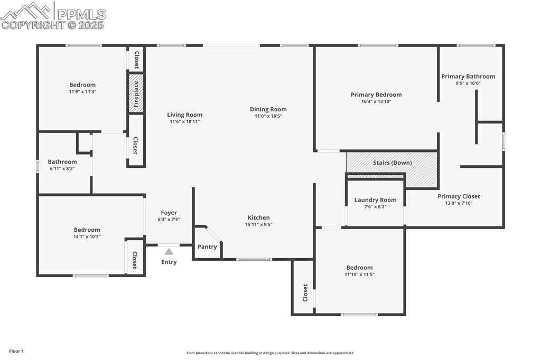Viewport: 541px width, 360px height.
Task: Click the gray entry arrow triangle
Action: click(169, 252)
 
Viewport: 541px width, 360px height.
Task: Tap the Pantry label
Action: click(207, 247)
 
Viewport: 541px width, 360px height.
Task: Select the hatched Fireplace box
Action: click(136, 93)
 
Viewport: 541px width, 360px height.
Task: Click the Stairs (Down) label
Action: click(392, 163)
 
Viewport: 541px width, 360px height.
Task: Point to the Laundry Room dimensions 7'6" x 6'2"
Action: click(375, 207)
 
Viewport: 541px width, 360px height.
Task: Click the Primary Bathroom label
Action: click(468, 77)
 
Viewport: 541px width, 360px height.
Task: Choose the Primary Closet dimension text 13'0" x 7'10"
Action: click(459, 203)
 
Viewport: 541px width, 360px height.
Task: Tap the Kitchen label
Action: click(258, 217)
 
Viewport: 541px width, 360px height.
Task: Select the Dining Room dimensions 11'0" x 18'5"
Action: click(268, 116)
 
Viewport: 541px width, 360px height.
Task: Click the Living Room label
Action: click(184, 115)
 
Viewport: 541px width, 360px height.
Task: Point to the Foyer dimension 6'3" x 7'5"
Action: click(169, 220)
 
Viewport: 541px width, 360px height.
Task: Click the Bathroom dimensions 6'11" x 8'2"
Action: click(62, 169)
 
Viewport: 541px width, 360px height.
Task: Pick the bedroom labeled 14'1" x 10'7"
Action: click(87, 236)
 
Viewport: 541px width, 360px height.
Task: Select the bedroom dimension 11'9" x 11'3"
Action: click(82, 92)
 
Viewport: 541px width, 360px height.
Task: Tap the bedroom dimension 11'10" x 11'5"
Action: click(359, 274)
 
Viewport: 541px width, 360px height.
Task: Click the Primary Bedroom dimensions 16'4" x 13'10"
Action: click(376, 102)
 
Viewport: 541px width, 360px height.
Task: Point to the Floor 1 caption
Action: click(16, 351)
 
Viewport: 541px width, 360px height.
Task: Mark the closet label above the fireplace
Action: click(136, 60)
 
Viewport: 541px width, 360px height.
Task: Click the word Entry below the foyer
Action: click(169, 262)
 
